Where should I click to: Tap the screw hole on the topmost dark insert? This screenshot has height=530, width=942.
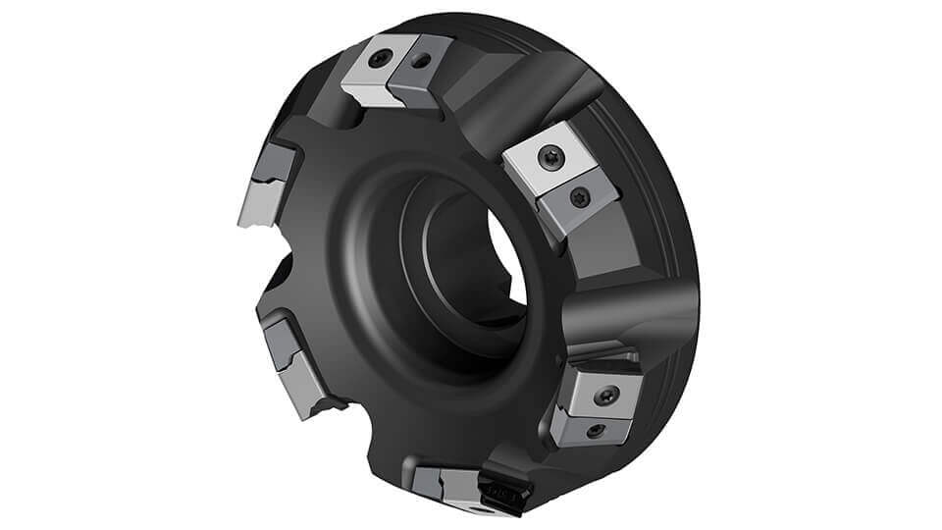421,62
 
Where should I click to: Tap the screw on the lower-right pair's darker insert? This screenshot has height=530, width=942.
596,429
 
